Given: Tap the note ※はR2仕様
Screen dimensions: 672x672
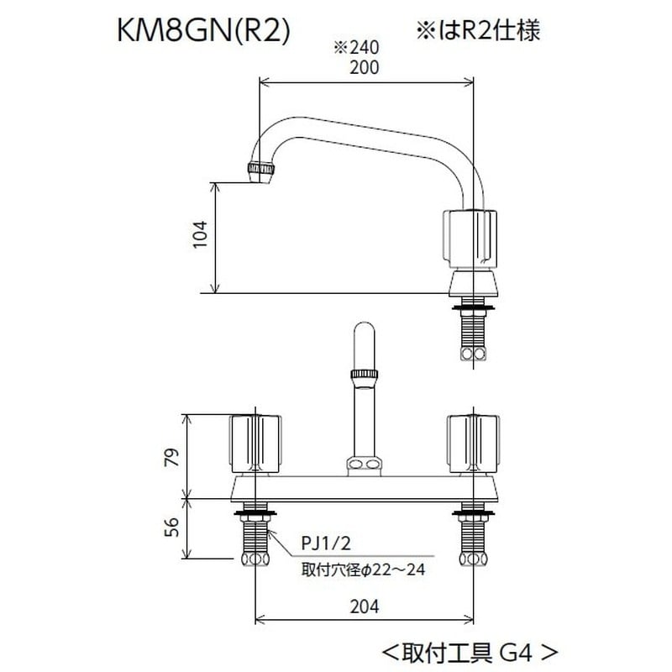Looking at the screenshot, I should (475, 30).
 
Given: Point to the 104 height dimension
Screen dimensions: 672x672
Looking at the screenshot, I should (198, 238).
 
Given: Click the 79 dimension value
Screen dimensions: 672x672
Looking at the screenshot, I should (171, 457).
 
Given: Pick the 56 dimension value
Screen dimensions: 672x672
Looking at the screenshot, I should (171, 528).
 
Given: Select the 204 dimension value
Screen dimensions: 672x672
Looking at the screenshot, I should (363, 606).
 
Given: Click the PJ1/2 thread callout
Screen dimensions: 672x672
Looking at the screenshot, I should (323, 547).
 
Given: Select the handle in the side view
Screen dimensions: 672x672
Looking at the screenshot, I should (471, 238).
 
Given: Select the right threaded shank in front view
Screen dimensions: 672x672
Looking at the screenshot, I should (472, 542).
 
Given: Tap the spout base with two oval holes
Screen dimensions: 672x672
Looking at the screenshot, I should (364, 465).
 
